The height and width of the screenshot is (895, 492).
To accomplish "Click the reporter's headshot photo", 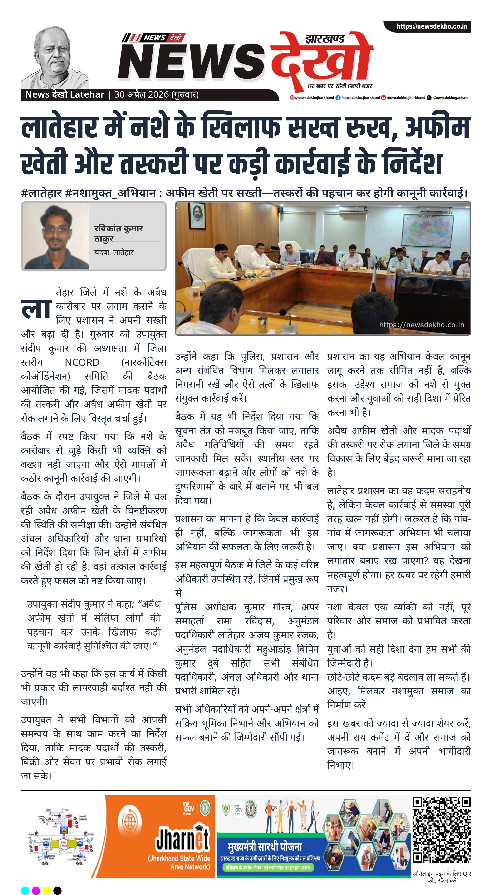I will [56, 236].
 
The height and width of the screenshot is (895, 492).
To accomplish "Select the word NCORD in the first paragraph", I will [82, 362].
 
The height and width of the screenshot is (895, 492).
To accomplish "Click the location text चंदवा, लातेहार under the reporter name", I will [114, 252].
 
